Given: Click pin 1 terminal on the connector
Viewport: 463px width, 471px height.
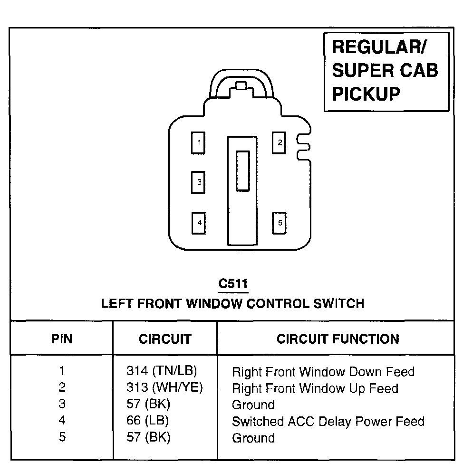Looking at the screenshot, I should coord(198,142).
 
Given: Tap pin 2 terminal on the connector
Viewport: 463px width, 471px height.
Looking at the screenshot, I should coord(279,142).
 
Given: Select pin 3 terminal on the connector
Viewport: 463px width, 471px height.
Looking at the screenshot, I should coord(198,182).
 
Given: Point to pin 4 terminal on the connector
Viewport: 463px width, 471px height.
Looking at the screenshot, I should coord(198,222).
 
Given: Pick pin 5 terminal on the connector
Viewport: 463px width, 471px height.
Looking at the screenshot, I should coord(279,222).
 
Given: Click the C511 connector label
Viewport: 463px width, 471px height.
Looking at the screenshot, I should coord(233,284).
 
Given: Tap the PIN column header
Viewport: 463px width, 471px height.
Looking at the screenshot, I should coord(62,339).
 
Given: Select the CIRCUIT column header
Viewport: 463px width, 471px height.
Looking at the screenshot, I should coord(165,339).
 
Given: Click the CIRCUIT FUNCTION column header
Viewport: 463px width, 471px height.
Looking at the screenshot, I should coord(338,339).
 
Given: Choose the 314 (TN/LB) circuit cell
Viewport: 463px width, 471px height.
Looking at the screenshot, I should coord(162,371).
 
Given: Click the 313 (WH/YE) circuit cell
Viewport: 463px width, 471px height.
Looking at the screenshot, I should coord(164,387).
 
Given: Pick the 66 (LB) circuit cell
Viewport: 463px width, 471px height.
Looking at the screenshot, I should coord(148,421).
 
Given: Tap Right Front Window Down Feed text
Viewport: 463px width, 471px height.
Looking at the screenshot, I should coord(323,371).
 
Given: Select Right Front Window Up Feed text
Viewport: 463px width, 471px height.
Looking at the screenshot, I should coord(315,388).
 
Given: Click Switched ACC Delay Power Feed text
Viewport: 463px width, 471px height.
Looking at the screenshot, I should coord(328,421).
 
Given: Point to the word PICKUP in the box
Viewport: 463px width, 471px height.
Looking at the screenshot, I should coord(366,94).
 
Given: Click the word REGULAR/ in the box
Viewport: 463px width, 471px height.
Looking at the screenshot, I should coord(379,47).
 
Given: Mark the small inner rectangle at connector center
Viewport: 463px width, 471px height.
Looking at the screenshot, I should coord(243,171).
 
